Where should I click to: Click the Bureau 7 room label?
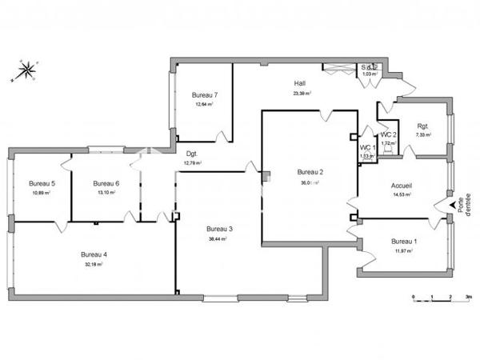[x=205, y=95]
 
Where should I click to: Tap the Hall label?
[x=300, y=83]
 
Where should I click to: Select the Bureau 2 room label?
[x=310, y=172]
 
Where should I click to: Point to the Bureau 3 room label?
[x=218, y=229]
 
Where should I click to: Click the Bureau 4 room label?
[x=94, y=254]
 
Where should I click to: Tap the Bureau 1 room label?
[x=403, y=242]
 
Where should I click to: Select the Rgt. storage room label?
[x=422, y=126]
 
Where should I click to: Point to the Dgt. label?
[x=192, y=154]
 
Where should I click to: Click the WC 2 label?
[x=388, y=134]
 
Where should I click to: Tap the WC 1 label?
[x=367, y=148]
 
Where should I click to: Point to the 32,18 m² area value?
[x=94, y=264]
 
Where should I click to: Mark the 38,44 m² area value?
[x=218, y=238]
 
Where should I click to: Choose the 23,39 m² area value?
[x=302, y=93]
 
